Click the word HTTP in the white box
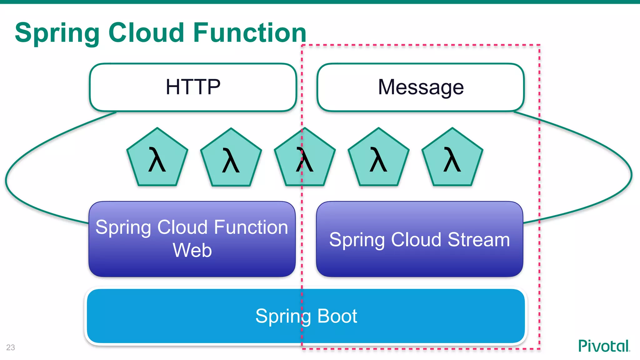(193, 87)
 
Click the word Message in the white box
(421, 87)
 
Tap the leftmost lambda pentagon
(157, 159)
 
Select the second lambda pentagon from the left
(231, 159)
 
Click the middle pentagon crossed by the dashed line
(305, 159)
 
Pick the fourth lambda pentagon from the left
(378, 159)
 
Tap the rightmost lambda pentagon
(452, 159)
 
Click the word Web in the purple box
(192, 250)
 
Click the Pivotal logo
(604, 346)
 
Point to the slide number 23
(11, 347)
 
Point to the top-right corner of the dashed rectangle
(540, 45)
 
